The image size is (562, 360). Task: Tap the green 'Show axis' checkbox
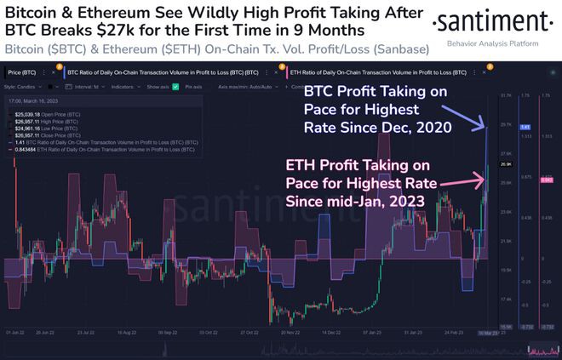coord(175,86)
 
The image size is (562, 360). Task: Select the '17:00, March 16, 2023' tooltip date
coord(39,101)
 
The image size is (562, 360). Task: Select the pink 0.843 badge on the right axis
coord(547,180)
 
